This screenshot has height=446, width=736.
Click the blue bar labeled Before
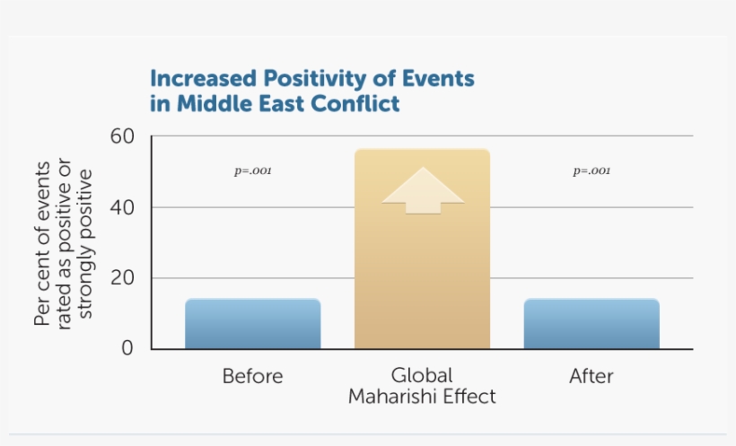[252, 324]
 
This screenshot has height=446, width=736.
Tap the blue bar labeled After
[591, 324]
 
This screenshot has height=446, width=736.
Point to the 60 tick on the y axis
[122, 136]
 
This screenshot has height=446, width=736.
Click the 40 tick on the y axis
[122, 207]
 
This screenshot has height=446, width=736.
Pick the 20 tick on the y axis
[122, 278]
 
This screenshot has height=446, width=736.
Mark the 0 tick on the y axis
[128, 348]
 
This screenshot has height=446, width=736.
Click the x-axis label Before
[252, 376]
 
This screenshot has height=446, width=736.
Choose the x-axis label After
[591, 376]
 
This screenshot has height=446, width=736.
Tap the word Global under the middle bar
[422, 375]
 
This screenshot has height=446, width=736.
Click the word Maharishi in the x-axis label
[393, 396]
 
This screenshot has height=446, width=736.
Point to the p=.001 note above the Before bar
[252, 171]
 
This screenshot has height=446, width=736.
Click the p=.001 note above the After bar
[591, 171]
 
